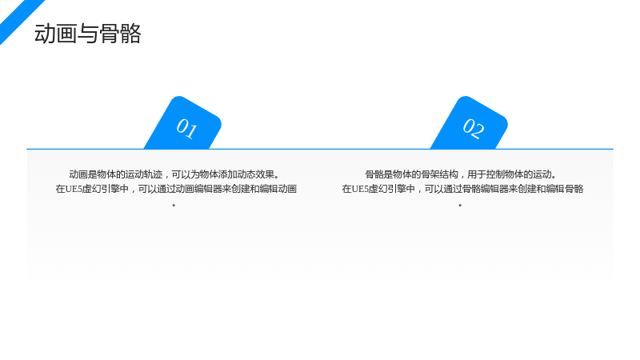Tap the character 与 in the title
(87, 34)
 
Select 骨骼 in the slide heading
(119, 34)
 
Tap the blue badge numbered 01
(184, 124)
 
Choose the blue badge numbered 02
(470, 124)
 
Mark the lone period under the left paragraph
(174, 205)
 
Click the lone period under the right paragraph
(461, 205)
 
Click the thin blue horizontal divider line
(320, 149)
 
